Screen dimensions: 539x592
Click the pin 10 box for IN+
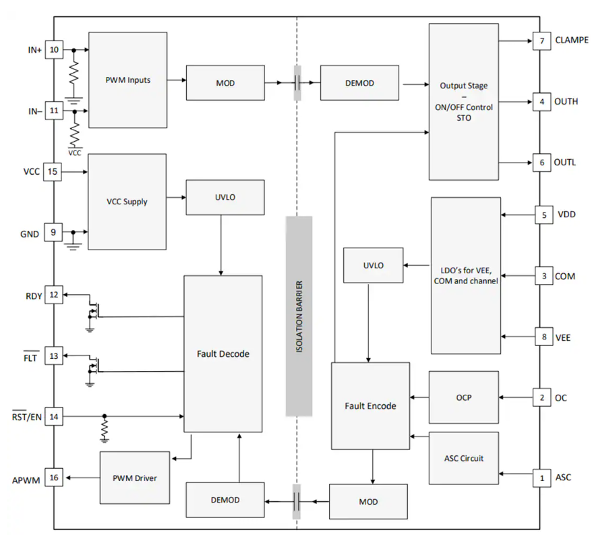(x=54, y=50)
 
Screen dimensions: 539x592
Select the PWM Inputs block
(x=127, y=80)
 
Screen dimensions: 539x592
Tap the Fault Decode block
(x=223, y=353)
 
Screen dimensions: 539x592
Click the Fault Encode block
(x=370, y=405)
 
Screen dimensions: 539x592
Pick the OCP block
(x=463, y=397)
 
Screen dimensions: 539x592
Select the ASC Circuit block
(x=463, y=458)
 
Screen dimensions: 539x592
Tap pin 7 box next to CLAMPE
(x=541, y=40)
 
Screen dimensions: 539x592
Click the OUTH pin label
(x=566, y=102)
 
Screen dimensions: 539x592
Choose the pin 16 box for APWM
(x=54, y=478)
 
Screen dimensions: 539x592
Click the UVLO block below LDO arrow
(x=373, y=265)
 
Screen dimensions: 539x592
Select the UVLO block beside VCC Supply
(x=225, y=197)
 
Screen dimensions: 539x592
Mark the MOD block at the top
(x=225, y=83)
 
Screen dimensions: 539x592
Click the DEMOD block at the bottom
(x=225, y=500)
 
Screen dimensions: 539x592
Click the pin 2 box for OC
(x=541, y=397)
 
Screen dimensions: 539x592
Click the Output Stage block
(x=464, y=102)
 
